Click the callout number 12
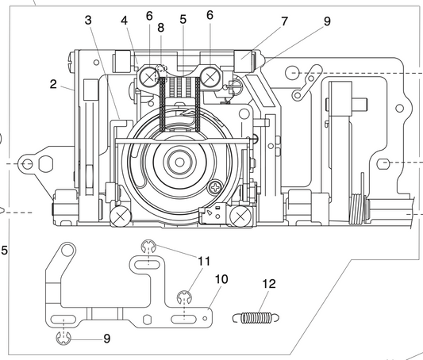point(269,284)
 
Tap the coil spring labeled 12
point(256,318)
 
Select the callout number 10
point(221,279)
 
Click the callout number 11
point(204,261)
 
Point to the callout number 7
point(284,21)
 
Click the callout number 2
point(53,84)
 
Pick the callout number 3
point(88,20)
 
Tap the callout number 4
point(124,20)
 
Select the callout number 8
point(161,27)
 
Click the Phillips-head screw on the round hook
point(215,187)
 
